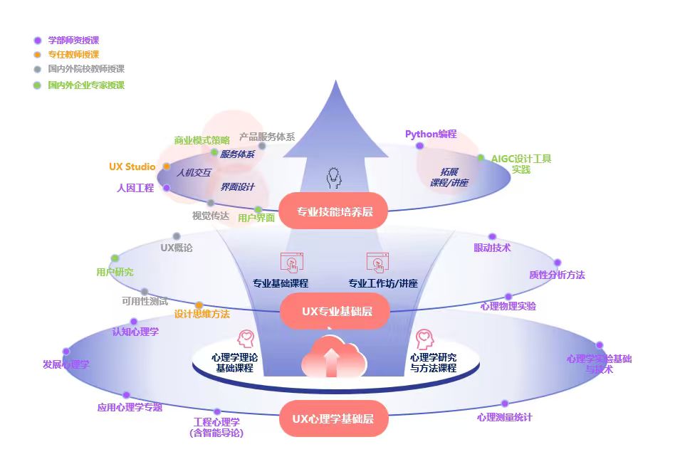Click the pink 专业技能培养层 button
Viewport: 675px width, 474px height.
coord(335,211)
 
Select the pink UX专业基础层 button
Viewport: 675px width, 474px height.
coord(335,311)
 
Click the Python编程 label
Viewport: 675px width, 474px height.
coord(431,134)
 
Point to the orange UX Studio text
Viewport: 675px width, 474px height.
coord(132,167)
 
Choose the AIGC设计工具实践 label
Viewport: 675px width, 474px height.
coord(521,164)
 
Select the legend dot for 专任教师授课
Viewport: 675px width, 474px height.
coord(37,55)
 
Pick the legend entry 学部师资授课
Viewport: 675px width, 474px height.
coord(73,41)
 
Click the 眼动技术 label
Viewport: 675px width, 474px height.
coord(492,248)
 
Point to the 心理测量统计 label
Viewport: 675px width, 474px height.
coord(504,417)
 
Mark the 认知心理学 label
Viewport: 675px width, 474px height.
coord(135,332)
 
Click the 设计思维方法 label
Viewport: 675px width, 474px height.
coord(202,314)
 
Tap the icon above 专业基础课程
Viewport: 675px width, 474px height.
coord(291,262)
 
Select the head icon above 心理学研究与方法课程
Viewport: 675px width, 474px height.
coord(425,338)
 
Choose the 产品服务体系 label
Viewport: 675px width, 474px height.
coord(267,137)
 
